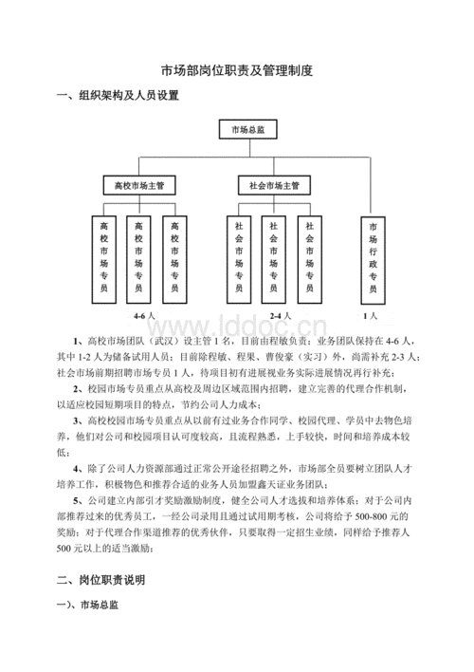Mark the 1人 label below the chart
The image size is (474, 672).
(x=371, y=314)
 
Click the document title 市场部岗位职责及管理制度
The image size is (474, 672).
(x=236, y=69)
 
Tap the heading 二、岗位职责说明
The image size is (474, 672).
(x=102, y=578)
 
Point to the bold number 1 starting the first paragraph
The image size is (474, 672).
(x=76, y=340)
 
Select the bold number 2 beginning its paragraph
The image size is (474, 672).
(x=76, y=388)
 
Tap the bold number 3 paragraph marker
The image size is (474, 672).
(x=76, y=420)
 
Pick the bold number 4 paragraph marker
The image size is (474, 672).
(x=76, y=468)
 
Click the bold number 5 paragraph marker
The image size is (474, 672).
(x=76, y=500)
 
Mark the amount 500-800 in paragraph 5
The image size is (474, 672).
(x=371, y=516)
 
